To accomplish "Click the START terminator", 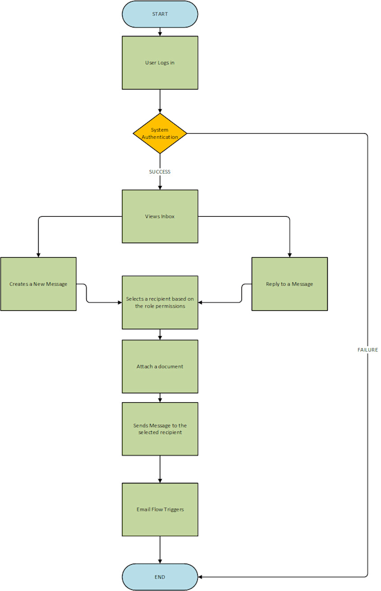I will pyautogui.click(x=160, y=14).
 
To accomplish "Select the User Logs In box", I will pyautogui.click(x=160, y=63).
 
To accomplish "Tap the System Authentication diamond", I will pyautogui.click(x=160, y=133).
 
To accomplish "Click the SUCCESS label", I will pyautogui.click(x=160, y=172).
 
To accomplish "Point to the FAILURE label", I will pyautogui.click(x=368, y=350).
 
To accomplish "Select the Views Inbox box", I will pyautogui.click(x=160, y=216).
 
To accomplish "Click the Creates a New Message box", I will pyautogui.click(x=38, y=284).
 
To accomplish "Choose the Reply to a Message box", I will pyautogui.click(x=289, y=284).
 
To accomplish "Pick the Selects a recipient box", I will pyautogui.click(x=160, y=303).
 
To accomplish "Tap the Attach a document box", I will pyautogui.click(x=160, y=366).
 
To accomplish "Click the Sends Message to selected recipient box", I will pyautogui.click(x=160, y=429).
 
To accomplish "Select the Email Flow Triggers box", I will pyautogui.click(x=160, y=509).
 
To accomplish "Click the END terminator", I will pyautogui.click(x=160, y=576).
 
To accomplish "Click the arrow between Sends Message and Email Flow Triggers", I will pyautogui.click(x=160, y=469).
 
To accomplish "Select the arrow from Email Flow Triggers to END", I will pyautogui.click(x=160, y=550).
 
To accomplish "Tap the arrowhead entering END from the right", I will pyautogui.click(x=201, y=576).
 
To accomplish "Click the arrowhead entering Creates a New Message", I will pyautogui.click(x=38, y=254).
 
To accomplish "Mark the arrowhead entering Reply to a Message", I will pyautogui.click(x=289, y=254).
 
